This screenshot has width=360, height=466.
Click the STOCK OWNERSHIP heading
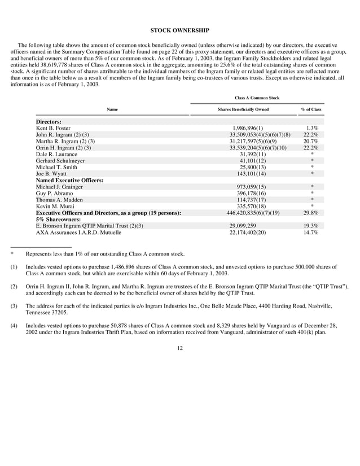180,29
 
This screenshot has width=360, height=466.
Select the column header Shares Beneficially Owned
243,109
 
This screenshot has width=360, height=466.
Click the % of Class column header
311,109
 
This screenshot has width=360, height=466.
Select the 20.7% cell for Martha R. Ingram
311,141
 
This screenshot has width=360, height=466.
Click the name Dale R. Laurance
56,154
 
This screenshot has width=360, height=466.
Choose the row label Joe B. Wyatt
51,174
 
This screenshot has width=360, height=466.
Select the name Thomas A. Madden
59,200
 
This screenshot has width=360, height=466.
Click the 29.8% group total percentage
311,213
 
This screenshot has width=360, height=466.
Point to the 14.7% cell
311,232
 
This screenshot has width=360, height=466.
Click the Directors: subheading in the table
49,122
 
